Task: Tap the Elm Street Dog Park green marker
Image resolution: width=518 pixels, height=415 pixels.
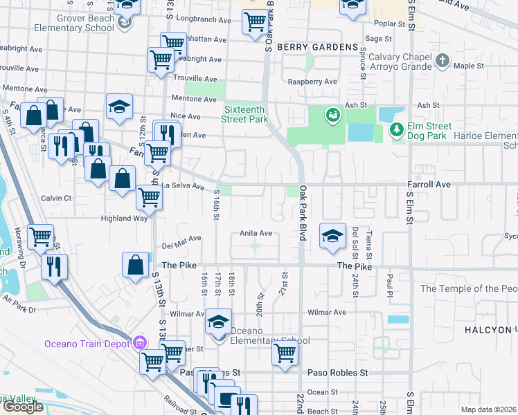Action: (396, 129)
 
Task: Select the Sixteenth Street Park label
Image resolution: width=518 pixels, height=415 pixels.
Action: (245, 114)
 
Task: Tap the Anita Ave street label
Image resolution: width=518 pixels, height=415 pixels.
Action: (256, 234)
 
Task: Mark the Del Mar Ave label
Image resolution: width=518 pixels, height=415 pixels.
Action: (181, 239)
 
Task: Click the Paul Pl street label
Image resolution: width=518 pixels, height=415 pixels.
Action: (390, 282)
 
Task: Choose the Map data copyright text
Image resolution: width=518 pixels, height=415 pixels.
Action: (489, 409)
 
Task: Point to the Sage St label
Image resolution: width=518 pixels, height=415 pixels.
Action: (379, 39)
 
